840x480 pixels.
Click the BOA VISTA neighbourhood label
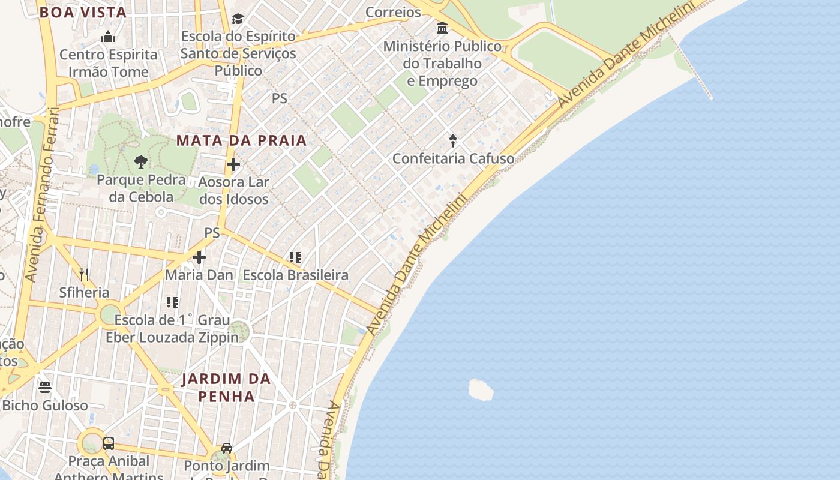coord(83,13)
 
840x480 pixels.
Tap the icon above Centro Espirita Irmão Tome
coord(108,37)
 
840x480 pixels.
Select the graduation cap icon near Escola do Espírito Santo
coord(238,19)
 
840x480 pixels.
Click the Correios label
coord(393,12)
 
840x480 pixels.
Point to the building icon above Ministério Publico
coord(443,28)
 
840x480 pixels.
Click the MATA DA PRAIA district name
coord(241,140)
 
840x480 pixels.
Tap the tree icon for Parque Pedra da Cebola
coord(141,161)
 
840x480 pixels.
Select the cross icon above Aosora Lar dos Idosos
coord(233,164)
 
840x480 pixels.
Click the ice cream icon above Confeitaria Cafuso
coord(453,141)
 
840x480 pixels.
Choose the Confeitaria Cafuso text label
coord(453,158)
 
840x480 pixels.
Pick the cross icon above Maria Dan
coord(199,257)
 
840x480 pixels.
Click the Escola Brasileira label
coord(295,275)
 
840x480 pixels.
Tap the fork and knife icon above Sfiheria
coord(84,275)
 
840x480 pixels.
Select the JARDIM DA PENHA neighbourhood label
coord(226,388)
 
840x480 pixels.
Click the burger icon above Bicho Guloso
coord(45,388)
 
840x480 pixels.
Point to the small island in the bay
coord(481,390)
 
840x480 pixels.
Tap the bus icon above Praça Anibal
coord(109,443)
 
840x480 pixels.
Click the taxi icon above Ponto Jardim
coord(227,448)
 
